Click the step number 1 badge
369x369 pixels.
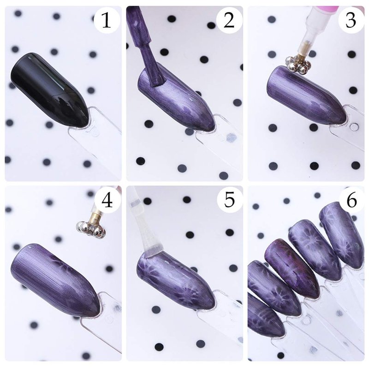(x=107, y=20)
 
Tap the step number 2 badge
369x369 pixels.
(x=229, y=20)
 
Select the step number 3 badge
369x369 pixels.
(x=351, y=20)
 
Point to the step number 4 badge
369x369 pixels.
(x=107, y=200)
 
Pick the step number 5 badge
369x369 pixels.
(x=229, y=200)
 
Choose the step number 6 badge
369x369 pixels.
(x=351, y=200)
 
